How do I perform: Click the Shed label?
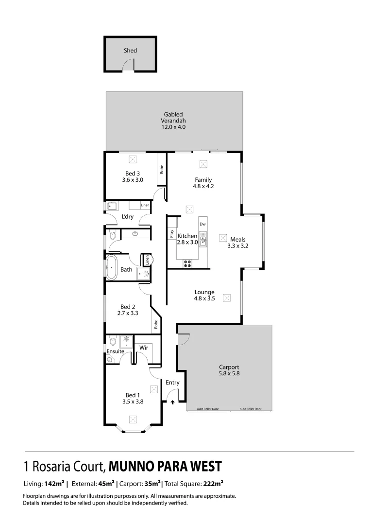130,51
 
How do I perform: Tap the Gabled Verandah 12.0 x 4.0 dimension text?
174,127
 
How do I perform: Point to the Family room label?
203,180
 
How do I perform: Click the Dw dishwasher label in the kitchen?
202,224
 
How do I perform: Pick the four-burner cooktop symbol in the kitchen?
187,263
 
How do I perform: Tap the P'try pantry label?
172,233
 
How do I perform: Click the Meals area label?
238,239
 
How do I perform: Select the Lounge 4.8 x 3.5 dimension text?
204,298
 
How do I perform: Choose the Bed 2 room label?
128,307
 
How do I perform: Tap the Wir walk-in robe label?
144,348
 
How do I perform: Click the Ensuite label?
116,351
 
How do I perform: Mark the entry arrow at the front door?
172,402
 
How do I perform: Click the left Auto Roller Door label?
208,409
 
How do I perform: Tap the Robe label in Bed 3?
162,169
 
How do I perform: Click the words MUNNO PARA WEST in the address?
165,467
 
